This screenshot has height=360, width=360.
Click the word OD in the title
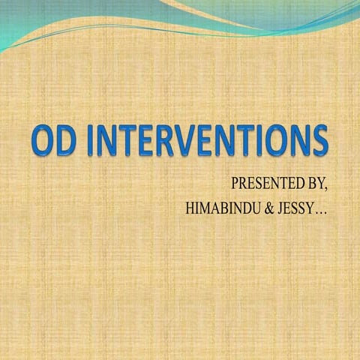click(x=53, y=142)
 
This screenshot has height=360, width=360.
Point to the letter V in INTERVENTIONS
click(x=194, y=142)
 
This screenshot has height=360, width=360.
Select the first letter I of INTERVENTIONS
click(x=93, y=142)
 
